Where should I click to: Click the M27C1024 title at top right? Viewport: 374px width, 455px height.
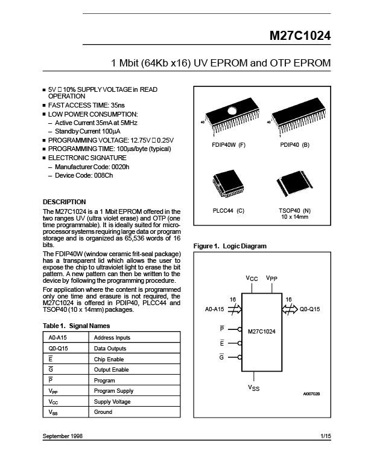(299, 36)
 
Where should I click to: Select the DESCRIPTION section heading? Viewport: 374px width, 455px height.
(65, 202)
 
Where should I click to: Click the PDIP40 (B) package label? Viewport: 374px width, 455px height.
(294, 146)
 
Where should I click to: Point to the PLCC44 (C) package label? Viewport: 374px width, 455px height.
(228, 211)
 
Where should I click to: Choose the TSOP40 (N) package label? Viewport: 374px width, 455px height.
(294, 211)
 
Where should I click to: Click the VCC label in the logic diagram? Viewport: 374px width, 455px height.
(252, 278)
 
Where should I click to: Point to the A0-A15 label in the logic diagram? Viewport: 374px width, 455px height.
(215, 309)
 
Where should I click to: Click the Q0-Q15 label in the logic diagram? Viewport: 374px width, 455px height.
(310, 309)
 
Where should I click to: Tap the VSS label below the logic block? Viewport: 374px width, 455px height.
(254, 387)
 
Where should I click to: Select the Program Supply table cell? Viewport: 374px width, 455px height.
(113, 391)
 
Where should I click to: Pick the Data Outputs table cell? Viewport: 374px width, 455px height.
(110, 349)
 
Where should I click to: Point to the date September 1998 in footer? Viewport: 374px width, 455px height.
(63, 436)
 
